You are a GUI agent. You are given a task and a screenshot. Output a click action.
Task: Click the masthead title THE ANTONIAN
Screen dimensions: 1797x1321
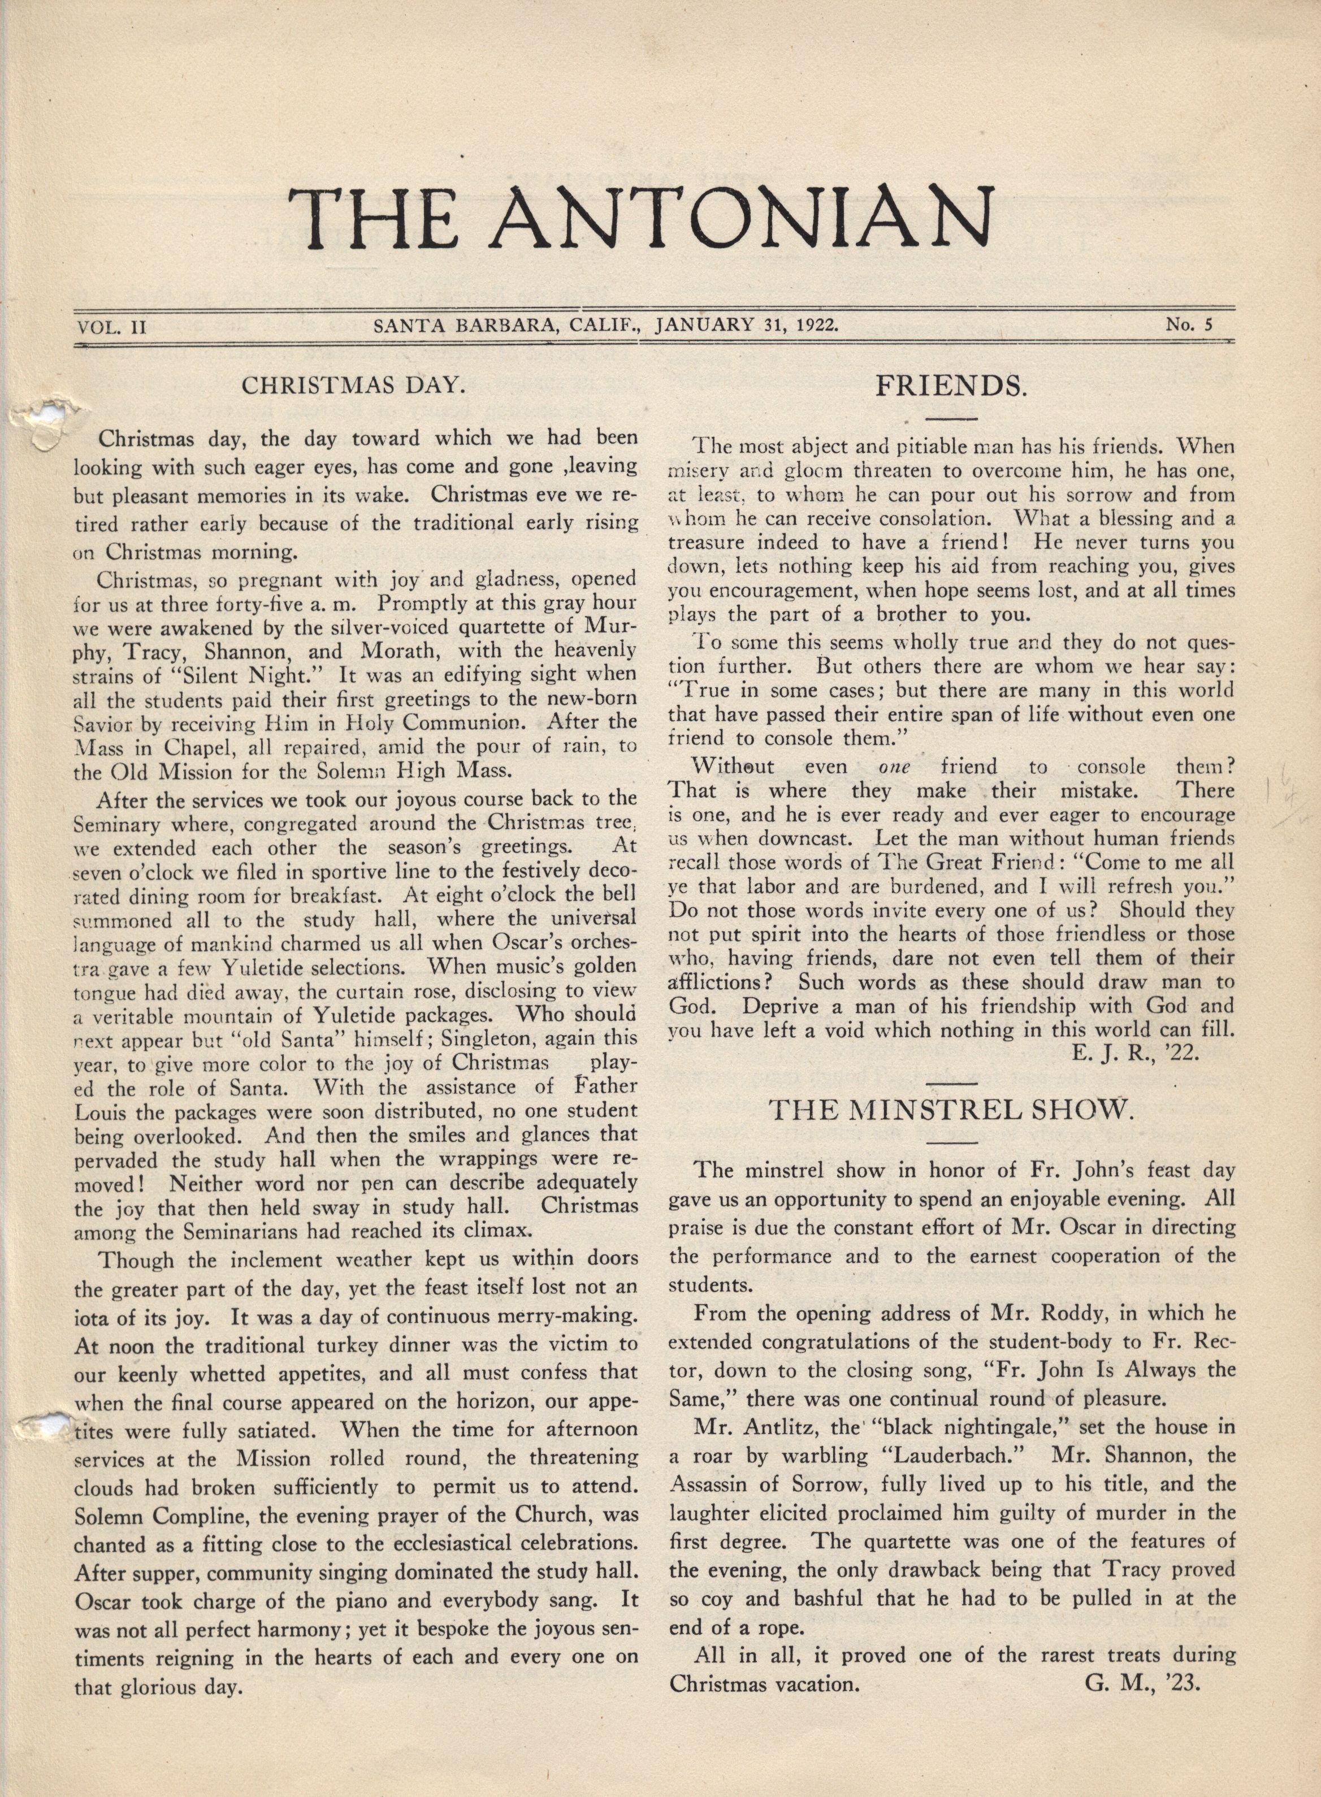pyautogui.click(x=642, y=218)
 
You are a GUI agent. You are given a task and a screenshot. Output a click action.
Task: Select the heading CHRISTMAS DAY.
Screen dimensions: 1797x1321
pyautogui.click(x=353, y=385)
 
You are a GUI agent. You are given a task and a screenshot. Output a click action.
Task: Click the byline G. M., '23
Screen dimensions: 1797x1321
pyautogui.click(x=1144, y=1683)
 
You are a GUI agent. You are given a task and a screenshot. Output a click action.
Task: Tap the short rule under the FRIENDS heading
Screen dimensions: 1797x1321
pyautogui.click(x=951, y=418)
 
